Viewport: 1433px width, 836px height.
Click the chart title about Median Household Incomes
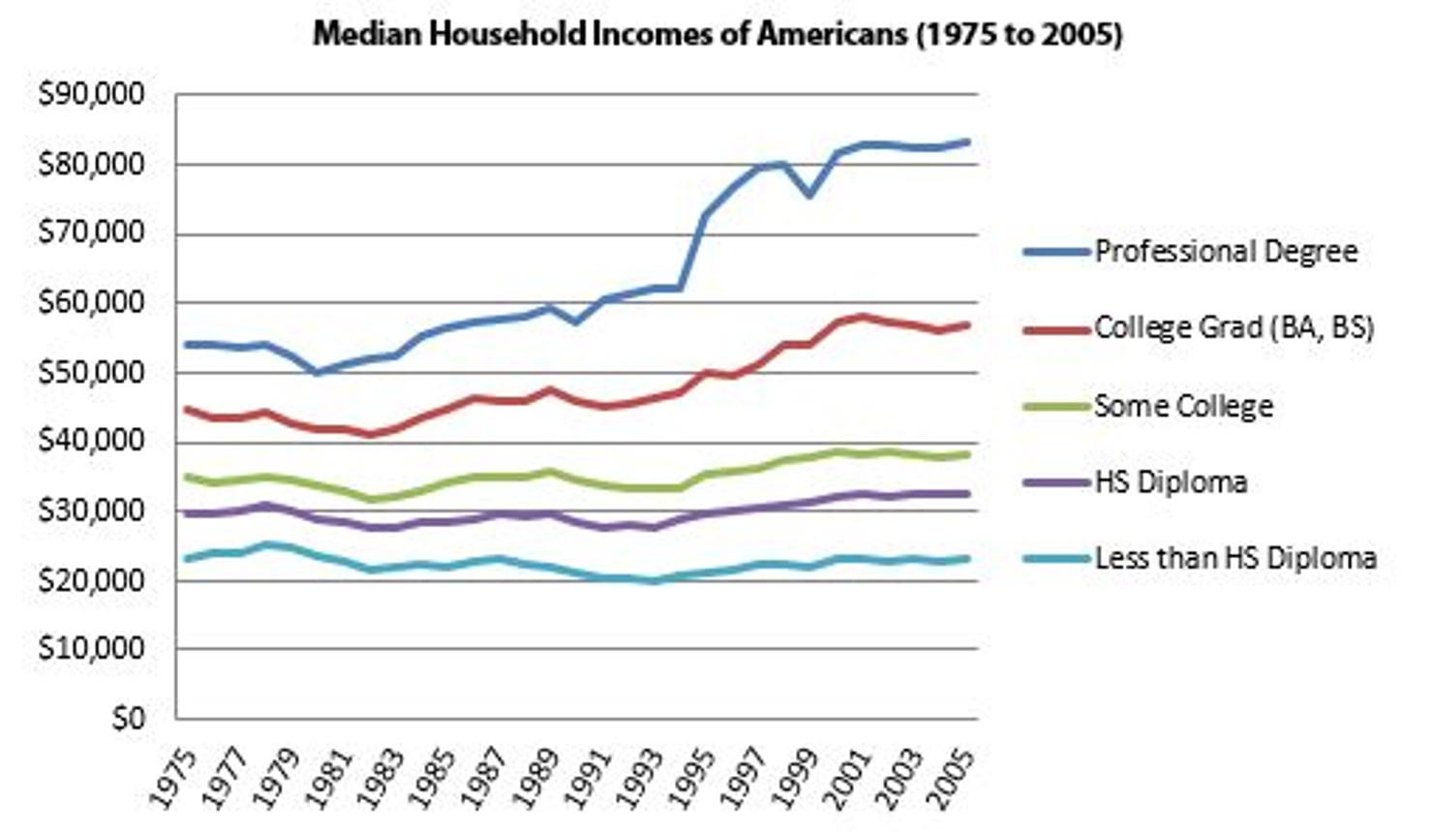pyautogui.click(x=717, y=35)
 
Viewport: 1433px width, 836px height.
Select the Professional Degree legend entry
pyautogui.click(x=1225, y=252)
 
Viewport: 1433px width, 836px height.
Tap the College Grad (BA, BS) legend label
pyautogui.click(x=1234, y=327)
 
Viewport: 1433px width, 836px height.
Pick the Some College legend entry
pyautogui.click(x=1182, y=406)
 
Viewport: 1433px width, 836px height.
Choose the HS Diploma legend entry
pyautogui.click(x=1170, y=481)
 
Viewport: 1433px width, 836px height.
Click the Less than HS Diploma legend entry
pyautogui.click(x=1235, y=558)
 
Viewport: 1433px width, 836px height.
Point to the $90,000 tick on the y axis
pyautogui.click(x=91, y=95)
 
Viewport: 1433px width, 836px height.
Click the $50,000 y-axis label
pyautogui.click(x=91, y=372)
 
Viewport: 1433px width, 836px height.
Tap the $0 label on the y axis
pyautogui.click(x=128, y=719)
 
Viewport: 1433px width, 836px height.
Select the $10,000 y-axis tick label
pyautogui.click(x=91, y=649)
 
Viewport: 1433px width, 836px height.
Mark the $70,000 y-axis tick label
pyautogui.click(x=91, y=233)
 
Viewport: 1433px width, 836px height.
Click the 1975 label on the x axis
pyautogui.click(x=175, y=780)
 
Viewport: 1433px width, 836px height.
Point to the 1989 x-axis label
pyautogui.click(x=537, y=780)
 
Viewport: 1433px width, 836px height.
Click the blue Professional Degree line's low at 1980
pyautogui.click(x=316, y=372)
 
